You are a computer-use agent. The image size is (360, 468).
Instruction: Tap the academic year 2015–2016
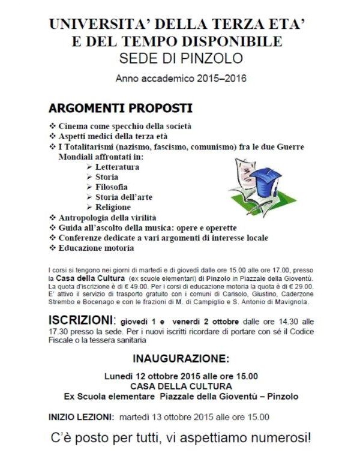point(182,78)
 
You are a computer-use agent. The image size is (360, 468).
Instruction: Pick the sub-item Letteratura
point(118,167)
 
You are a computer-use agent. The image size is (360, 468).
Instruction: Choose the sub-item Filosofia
point(111,187)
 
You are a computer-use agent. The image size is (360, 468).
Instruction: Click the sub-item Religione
point(113,207)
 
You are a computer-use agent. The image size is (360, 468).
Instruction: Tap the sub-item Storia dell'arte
point(124,197)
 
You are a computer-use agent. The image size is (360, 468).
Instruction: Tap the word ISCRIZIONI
point(80,319)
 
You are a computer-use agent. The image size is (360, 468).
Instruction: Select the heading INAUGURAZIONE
point(181,359)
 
